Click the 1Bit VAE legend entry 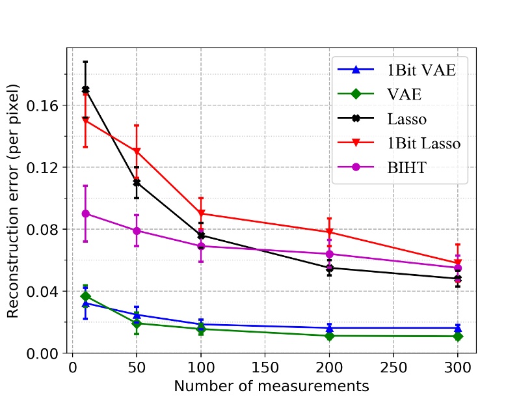(420, 70)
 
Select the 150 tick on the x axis (265, 368)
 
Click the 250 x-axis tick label (393, 368)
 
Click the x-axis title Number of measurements (271, 386)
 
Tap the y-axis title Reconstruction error (14, 201)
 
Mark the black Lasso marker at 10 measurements (85, 90)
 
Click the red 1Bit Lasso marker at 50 (137, 152)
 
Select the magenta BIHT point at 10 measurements (85, 213)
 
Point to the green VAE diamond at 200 (330, 336)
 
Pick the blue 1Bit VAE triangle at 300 (458, 328)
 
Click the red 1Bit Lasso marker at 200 (330, 232)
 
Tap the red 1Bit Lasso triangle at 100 (201, 213)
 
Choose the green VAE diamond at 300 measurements (458, 337)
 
